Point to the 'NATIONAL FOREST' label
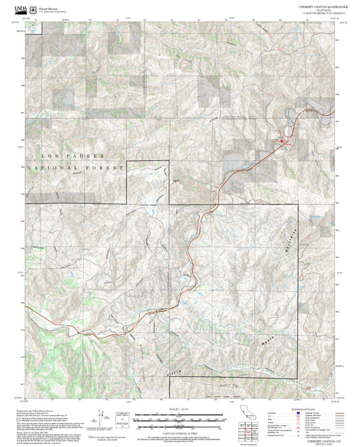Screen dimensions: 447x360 [x=76, y=167]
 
